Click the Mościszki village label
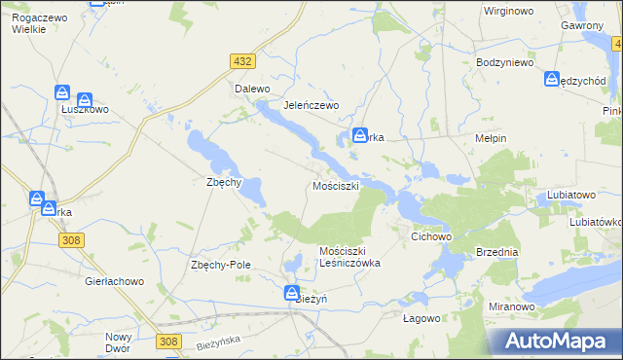tap(336, 185)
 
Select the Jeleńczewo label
tap(310, 105)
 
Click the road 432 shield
tap(243, 61)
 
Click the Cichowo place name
tap(432, 236)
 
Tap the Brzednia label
tap(497, 251)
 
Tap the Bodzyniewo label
tap(506, 62)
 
